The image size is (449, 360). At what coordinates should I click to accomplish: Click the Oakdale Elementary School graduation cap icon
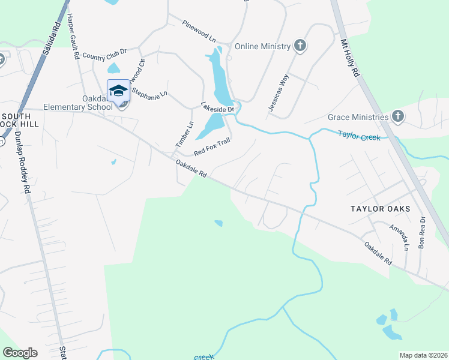click(118, 91)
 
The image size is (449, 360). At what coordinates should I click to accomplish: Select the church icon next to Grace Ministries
click(397, 116)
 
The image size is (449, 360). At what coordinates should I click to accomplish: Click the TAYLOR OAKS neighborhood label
click(381, 209)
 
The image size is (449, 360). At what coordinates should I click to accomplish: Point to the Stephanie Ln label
click(149, 94)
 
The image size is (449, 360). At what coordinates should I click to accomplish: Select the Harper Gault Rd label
click(73, 36)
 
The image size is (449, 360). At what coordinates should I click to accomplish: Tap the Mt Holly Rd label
click(349, 58)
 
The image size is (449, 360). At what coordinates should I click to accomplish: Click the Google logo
click(20, 353)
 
